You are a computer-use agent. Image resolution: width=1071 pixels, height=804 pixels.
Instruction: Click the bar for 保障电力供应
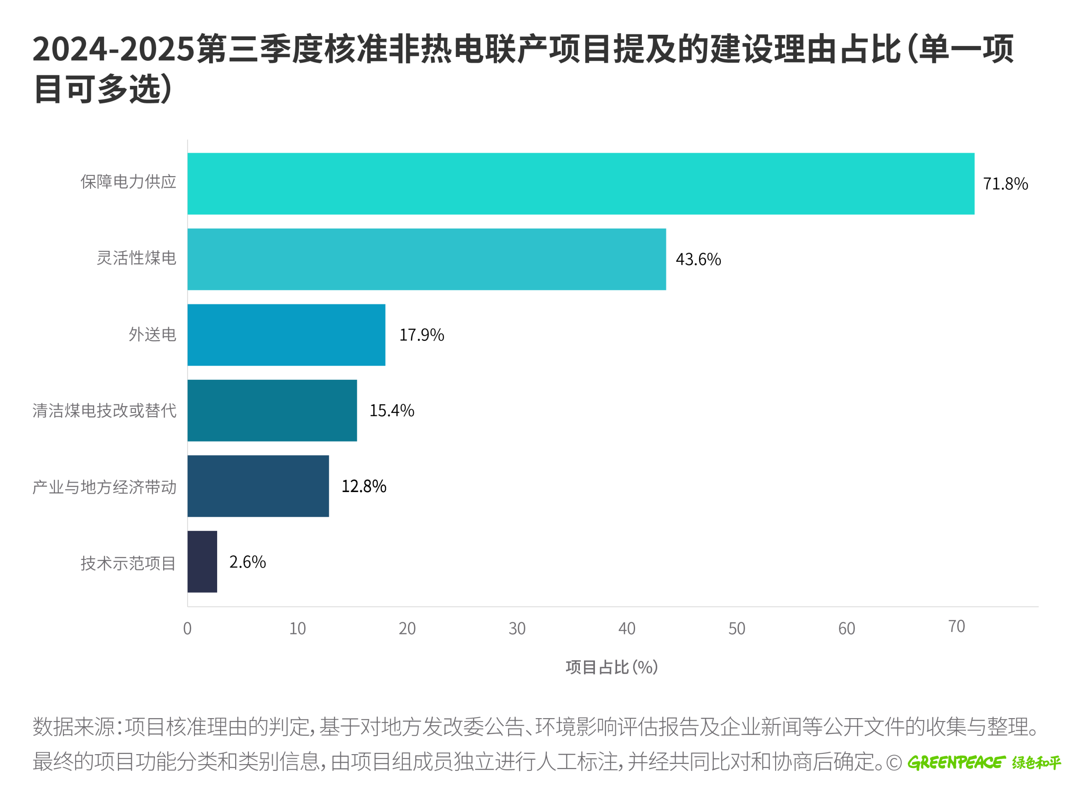[x=581, y=184]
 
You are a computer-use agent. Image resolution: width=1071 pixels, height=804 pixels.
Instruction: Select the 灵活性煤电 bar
[x=427, y=259]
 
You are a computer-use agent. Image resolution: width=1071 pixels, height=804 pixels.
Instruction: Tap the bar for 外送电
[x=286, y=335]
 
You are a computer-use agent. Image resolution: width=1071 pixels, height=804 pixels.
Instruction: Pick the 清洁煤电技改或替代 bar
[x=272, y=410]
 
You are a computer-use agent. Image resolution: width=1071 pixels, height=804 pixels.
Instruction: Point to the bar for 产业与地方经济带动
[x=258, y=486]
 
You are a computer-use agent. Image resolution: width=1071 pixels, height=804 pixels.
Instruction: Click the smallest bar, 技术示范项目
[x=202, y=562]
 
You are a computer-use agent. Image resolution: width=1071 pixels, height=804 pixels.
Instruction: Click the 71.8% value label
[x=1005, y=184]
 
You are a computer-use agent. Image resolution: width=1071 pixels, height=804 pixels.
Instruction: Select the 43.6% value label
[x=698, y=259]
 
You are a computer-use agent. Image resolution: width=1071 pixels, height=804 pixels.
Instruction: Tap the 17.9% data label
[x=421, y=335]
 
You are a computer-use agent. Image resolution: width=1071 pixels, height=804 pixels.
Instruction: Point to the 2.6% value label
[x=247, y=562]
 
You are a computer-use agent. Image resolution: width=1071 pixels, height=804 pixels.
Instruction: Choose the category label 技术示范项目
[x=128, y=563]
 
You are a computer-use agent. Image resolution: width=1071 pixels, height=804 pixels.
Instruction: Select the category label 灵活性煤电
[x=136, y=258]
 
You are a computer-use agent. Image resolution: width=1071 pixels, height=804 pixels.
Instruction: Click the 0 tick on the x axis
[x=187, y=629]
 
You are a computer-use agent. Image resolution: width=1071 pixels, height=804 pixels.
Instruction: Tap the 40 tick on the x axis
[x=627, y=629]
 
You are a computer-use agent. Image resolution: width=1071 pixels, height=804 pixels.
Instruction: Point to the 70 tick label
[x=956, y=626]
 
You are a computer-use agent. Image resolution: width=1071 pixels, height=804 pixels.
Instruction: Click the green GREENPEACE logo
[x=956, y=762]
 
